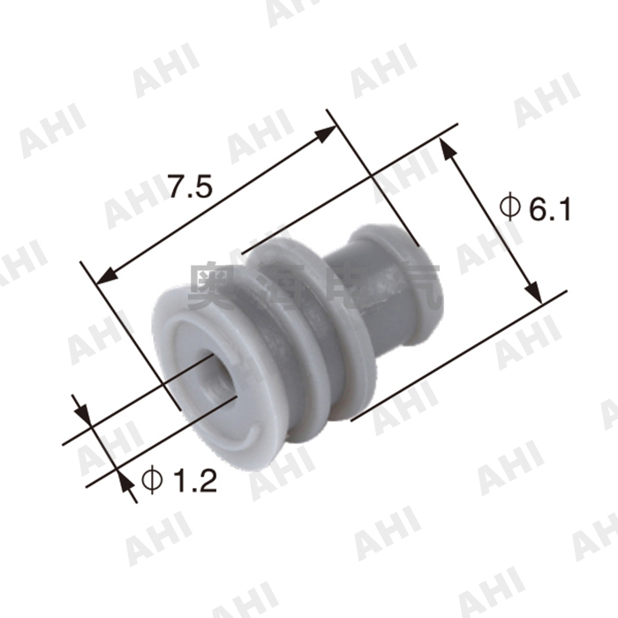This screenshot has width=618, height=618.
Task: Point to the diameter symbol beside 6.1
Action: click(x=509, y=207)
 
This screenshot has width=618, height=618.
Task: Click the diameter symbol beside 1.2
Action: click(x=151, y=480)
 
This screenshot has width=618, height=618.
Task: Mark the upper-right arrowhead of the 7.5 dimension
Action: click(x=328, y=132)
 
